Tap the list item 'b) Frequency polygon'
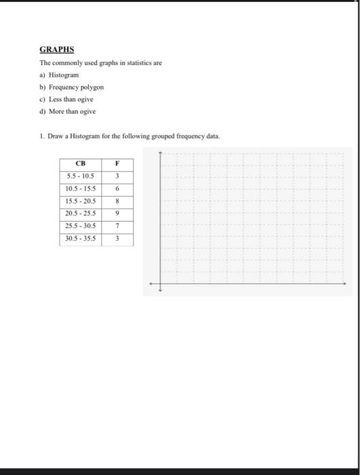(x=71, y=87)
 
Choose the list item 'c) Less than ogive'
(x=67, y=99)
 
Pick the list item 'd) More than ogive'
(x=68, y=111)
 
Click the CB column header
(x=80, y=164)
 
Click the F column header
(x=118, y=164)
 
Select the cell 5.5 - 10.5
(x=80, y=176)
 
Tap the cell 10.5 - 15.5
(x=80, y=189)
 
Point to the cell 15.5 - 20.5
(x=80, y=202)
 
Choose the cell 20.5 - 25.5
(x=80, y=214)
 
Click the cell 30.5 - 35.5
(x=80, y=239)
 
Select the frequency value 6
(x=118, y=189)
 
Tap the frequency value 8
(x=118, y=202)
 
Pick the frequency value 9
(x=118, y=214)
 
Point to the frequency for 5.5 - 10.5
(x=118, y=176)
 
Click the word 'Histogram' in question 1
(x=81, y=136)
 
